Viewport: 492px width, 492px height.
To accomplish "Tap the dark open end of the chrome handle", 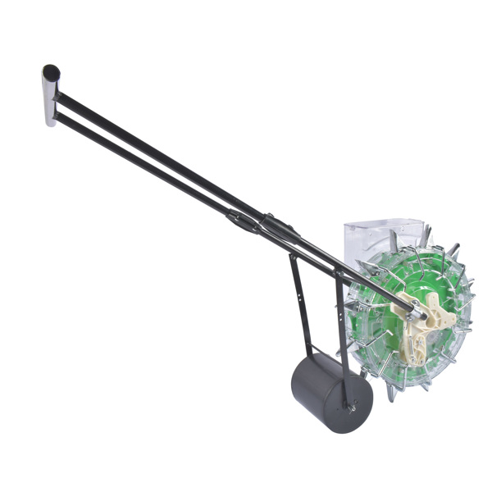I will pyautogui.click(x=52, y=71).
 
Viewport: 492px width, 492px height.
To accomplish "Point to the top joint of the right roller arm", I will pyautogui.click(x=337, y=276).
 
